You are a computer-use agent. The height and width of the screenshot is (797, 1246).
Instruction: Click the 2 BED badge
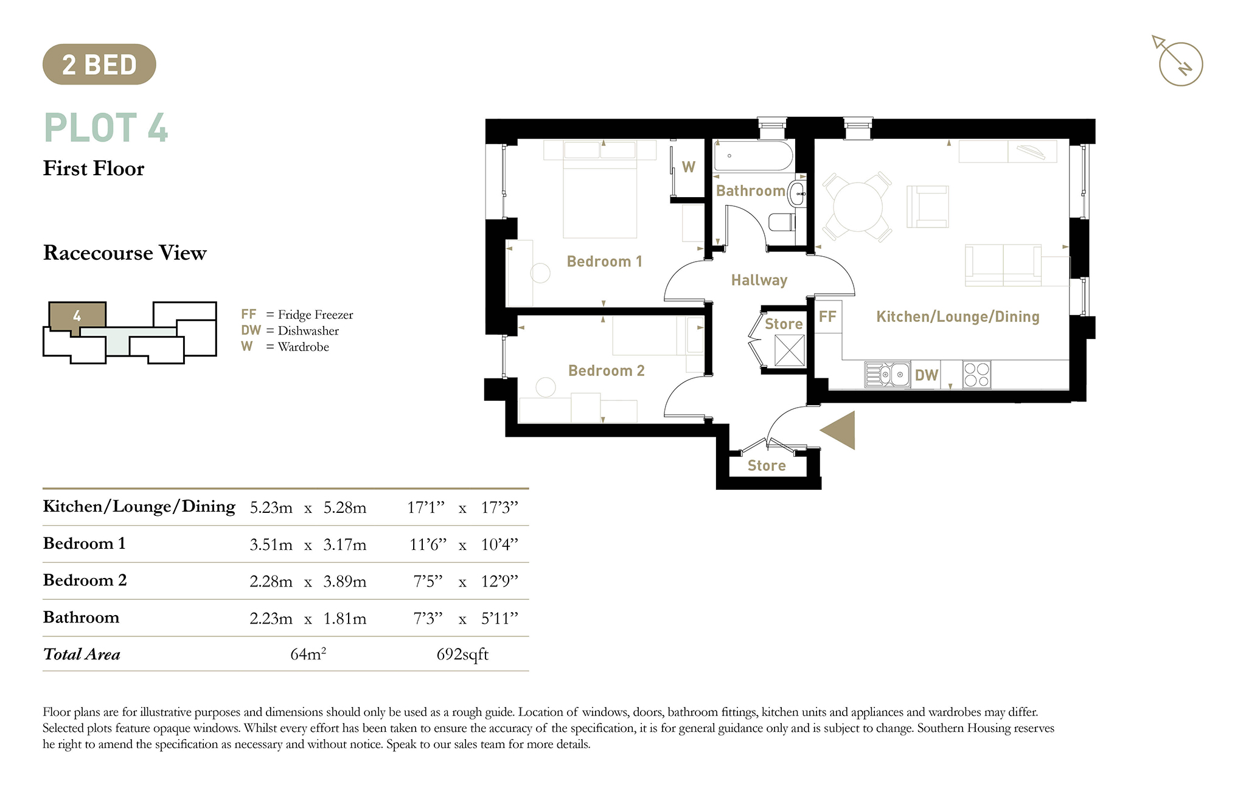[x=99, y=64]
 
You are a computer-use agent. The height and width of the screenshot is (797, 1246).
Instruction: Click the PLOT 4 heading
[x=106, y=128]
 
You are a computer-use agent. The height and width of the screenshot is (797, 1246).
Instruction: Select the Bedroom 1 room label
[x=604, y=262]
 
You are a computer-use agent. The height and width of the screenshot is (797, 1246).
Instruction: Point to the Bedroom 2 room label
[x=606, y=371]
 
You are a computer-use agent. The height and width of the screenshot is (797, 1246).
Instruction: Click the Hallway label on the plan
[x=759, y=280]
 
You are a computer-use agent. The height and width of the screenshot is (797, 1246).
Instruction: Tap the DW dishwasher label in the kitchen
[x=926, y=375]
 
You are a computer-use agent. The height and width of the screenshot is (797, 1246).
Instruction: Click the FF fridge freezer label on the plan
[x=827, y=316]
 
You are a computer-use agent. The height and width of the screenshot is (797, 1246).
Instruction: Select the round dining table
[x=858, y=207]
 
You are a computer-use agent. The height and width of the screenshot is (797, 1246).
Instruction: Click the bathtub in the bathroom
[x=753, y=156]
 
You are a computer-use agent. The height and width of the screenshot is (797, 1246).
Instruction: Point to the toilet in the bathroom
[x=782, y=221]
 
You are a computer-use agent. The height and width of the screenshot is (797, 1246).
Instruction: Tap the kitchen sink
[x=887, y=374]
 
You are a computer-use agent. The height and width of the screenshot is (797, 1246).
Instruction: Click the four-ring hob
[x=976, y=375]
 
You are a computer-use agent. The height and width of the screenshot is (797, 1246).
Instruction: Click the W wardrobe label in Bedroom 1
[x=689, y=167]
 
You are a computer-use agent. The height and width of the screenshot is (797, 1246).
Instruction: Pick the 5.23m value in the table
[x=271, y=508]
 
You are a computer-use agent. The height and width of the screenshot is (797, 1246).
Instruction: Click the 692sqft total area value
[x=462, y=655]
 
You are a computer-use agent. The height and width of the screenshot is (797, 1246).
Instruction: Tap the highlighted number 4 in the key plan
[x=77, y=316]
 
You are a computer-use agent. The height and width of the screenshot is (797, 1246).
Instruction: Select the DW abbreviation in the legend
[x=251, y=330]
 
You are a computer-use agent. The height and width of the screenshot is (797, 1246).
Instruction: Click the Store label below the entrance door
[x=767, y=465]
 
